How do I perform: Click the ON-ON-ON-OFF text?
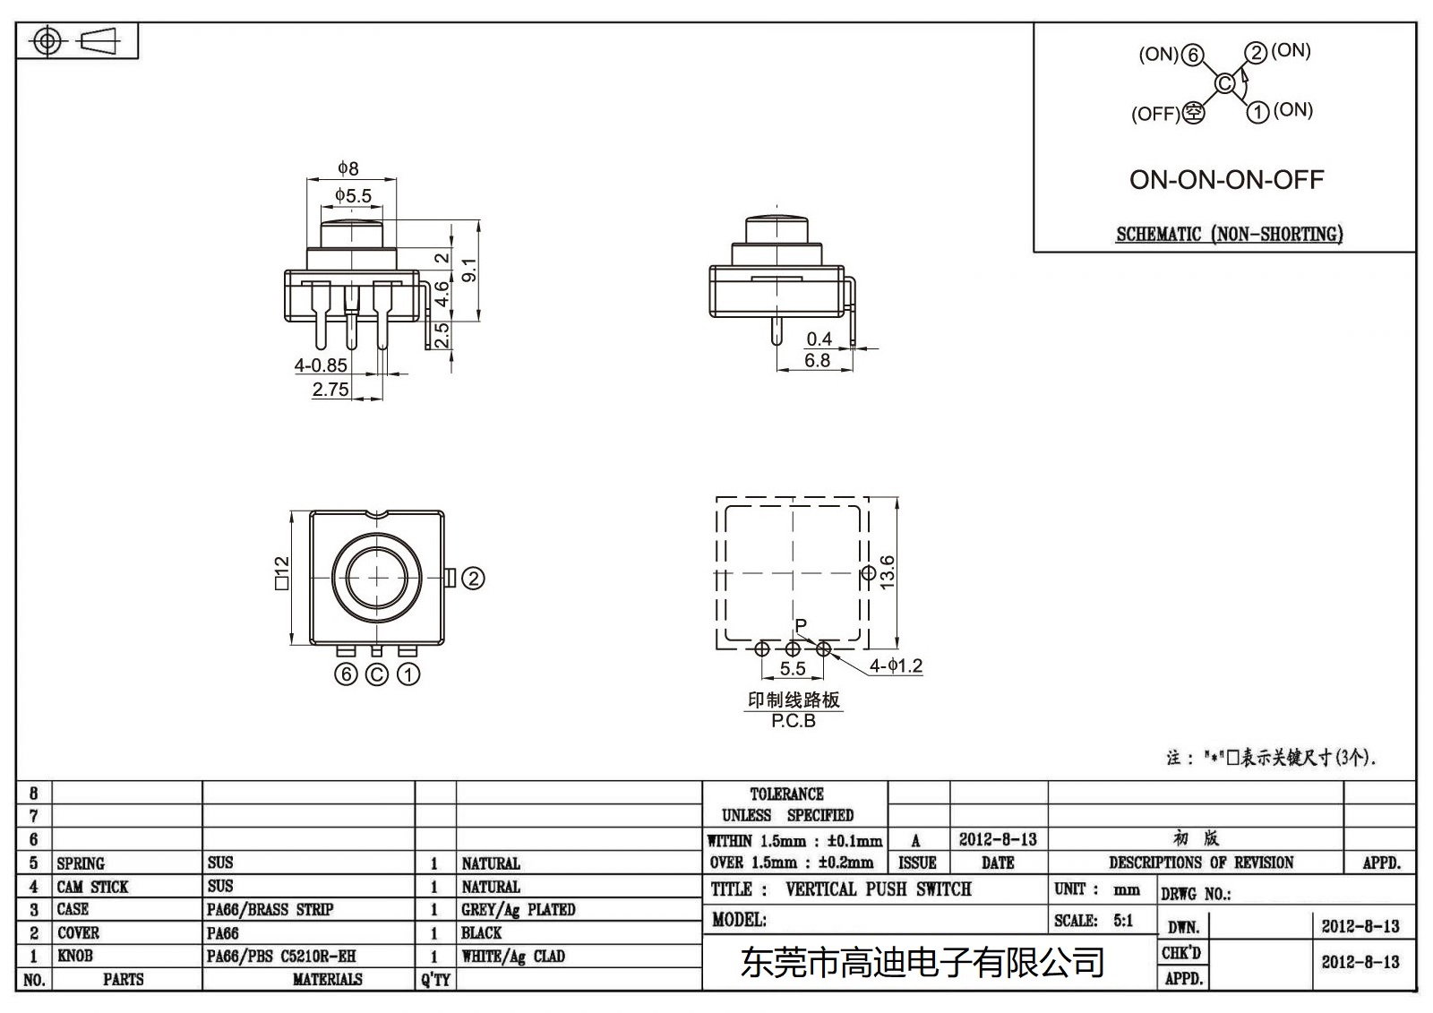tap(1226, 179)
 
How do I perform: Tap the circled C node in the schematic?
tap(1224, 84)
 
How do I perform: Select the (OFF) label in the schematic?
tap(1155, 115)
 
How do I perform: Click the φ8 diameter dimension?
tap(348, 168)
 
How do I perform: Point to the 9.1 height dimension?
tap(469, 270)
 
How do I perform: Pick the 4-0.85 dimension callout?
tap(321, 365)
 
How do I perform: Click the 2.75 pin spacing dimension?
tap(330, 390)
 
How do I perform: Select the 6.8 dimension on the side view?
tap(817, 360)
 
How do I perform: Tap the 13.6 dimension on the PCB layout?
tap(887, 571)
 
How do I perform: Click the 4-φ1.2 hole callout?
tap(896, 666)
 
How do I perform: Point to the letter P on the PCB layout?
tap(801, 626)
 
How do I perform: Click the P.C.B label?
tap(794, 721)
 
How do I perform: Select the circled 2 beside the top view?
tap(473, 579)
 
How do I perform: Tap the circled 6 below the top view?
tap(346, 674)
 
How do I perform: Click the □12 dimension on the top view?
tap(281, 573)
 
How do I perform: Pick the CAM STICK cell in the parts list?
tap(93, 887)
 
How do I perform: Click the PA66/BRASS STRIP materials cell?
tap(270, 910)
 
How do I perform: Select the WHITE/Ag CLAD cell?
tap(513, 957)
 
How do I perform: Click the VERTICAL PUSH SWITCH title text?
tap(878, 889)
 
